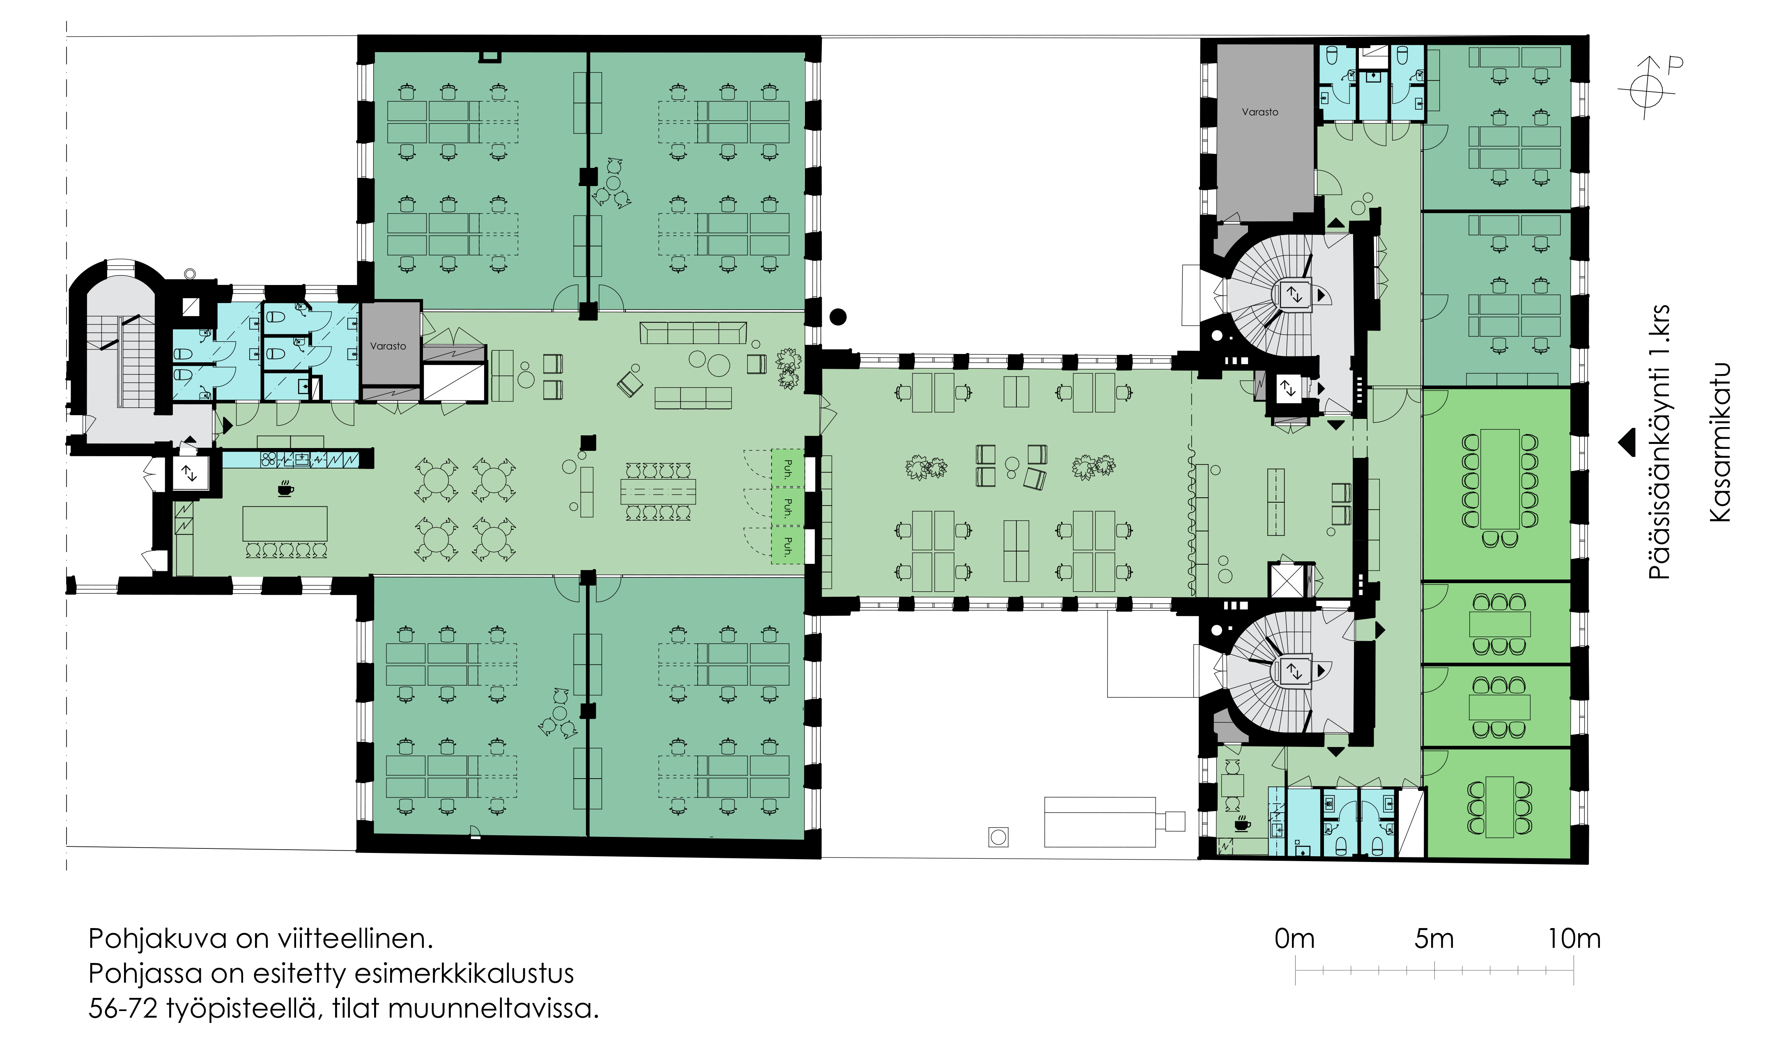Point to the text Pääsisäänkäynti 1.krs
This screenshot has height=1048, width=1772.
[1659, 443]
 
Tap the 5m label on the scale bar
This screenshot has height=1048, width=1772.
[1434, 938]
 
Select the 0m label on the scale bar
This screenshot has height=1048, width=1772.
[1295, 938]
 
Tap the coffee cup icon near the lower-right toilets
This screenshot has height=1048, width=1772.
[1242, 823]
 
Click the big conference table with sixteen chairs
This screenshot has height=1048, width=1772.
[1499, 479]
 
